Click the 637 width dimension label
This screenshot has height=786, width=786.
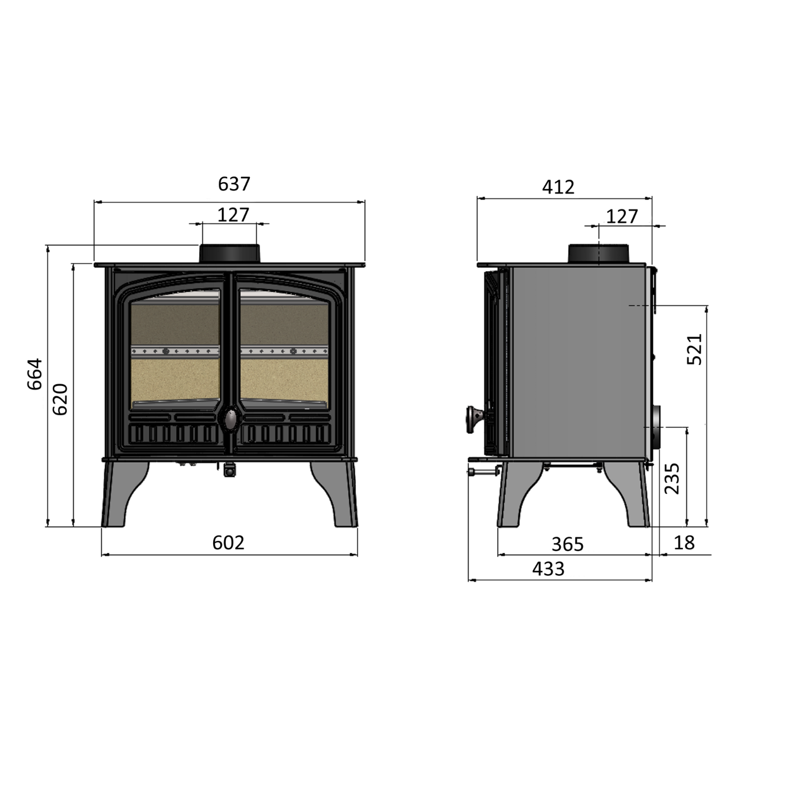[233, 184]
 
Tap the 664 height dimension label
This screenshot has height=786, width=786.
[35, 374]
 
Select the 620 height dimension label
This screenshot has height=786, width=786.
[61, 399]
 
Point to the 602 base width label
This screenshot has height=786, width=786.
[228, 543]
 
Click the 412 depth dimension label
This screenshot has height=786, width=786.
[558, 187]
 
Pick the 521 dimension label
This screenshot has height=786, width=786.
[695, 349]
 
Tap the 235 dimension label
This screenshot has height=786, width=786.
[672, 479]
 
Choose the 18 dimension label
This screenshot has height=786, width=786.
[684, 543]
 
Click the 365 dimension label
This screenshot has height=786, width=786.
[568, 544]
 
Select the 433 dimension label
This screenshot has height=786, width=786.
[548, 569]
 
